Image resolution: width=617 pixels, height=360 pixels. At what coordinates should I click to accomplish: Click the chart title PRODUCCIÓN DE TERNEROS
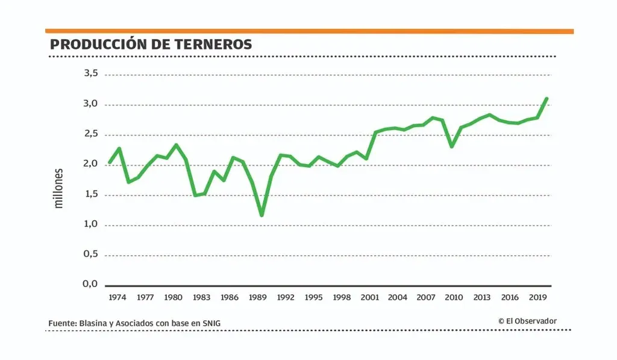(x=151, y=45)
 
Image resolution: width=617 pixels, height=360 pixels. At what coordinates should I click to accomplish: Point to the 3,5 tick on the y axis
(x=90, y=74)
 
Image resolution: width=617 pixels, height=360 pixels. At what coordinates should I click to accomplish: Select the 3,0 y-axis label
(x=90, y=104)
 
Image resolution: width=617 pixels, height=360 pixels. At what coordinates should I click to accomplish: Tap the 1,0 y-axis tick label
(x=90, y=224)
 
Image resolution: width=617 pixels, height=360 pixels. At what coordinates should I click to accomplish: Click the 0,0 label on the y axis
(x=90, y=284)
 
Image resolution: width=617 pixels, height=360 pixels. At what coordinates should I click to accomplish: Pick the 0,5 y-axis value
(x=90, y=254)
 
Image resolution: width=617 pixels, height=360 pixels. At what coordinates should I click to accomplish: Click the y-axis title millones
(x=58, y=188)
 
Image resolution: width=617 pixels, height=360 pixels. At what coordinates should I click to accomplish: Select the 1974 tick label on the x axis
(x=117, y=297)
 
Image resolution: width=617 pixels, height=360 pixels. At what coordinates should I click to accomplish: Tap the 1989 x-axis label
(x=258, y=297)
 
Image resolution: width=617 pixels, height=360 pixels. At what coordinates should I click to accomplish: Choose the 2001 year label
(x=370, y=297)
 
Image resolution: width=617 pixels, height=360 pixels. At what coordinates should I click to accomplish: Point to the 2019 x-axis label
(x=537, y=297)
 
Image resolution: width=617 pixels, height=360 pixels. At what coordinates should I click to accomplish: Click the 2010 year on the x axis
(x=454, y=297)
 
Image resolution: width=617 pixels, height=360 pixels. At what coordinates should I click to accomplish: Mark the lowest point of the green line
(x=262, y=215)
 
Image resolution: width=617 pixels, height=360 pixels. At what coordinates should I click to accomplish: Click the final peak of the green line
(x=547, y=98)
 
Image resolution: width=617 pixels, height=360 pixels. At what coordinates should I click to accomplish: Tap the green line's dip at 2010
(x=452, y=147)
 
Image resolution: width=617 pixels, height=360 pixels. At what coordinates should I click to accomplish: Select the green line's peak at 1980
(x=176, y=145)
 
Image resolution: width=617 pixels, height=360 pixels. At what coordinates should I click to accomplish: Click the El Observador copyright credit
(x=527, y=321)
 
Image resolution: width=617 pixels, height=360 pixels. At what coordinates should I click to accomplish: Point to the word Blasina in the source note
(x=94, y=324)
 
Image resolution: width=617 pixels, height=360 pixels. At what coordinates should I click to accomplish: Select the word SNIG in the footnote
(x=211, y=324)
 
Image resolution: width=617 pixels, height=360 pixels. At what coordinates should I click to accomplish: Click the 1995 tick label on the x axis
(x=314, y=297)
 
